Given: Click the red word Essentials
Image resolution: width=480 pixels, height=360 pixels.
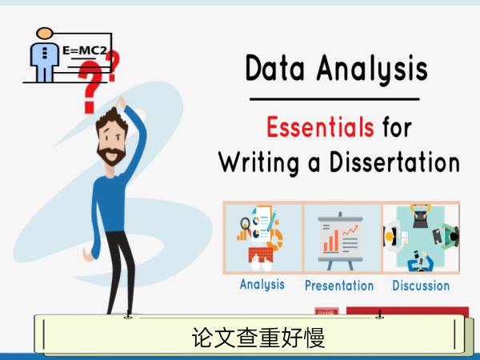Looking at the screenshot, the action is [320, 126].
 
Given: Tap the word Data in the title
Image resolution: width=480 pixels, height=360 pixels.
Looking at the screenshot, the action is [275, 68].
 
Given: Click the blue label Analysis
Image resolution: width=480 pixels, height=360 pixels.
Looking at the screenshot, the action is [262, 284].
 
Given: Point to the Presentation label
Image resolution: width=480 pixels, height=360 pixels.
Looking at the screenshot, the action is [339, 286].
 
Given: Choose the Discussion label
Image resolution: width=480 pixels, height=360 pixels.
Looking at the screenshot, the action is [421, 286].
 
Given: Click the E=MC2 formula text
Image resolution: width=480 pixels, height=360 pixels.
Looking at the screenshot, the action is [85, 50].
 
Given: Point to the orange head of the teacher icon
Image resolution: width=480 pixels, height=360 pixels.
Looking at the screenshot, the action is [45, 33].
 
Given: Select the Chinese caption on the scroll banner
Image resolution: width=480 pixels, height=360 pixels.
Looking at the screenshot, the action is [258, 338].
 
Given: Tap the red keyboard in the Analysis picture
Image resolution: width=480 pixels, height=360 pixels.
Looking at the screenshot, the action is [261, 254].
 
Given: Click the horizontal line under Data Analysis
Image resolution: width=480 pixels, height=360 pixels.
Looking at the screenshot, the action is [334, 99].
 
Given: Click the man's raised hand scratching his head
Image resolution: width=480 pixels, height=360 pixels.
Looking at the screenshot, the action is [121, 102].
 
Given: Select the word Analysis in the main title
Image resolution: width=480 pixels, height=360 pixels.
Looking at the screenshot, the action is [372, 69].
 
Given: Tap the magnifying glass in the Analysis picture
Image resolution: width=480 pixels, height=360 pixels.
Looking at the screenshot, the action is [245, 224].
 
